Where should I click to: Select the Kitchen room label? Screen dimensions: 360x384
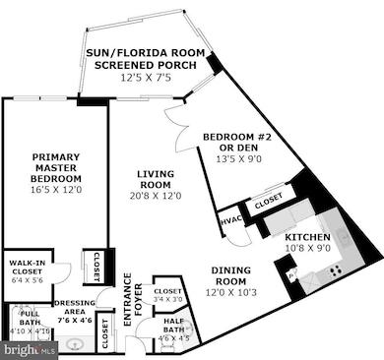click(x=307, y=238)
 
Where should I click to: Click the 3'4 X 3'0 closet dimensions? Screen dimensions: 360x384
click(x=168, y=301)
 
